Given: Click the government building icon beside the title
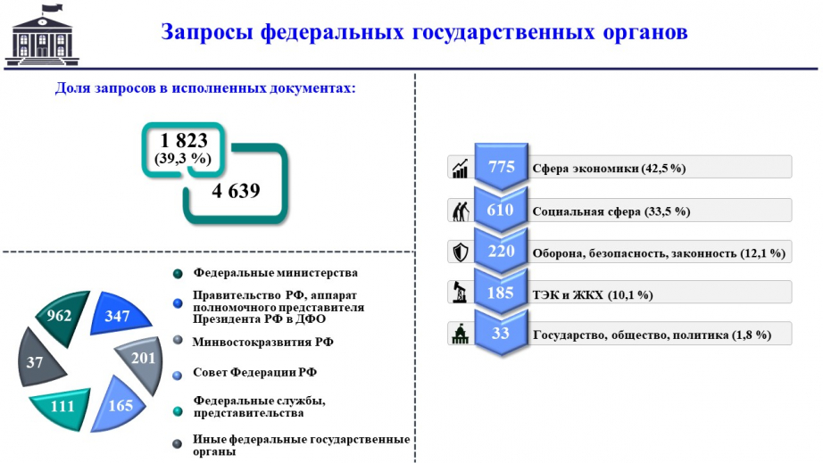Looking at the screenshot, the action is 42,35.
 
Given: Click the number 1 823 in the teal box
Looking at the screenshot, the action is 184,141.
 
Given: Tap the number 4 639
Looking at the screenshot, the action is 236,191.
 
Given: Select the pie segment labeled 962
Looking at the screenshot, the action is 62,316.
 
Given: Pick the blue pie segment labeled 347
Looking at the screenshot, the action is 119,315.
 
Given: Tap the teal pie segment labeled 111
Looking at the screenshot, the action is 62,407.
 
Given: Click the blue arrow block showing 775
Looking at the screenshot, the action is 502,166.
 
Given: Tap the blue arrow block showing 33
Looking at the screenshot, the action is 502,333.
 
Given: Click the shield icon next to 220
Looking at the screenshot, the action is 461,252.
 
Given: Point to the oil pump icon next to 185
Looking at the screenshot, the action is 461,292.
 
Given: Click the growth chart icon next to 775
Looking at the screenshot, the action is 460,168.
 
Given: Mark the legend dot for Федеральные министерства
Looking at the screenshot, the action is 178,274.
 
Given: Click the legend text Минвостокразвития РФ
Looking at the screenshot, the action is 263,343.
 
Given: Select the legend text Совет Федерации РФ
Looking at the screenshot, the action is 254,372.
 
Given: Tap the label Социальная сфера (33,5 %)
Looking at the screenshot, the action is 611,211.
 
